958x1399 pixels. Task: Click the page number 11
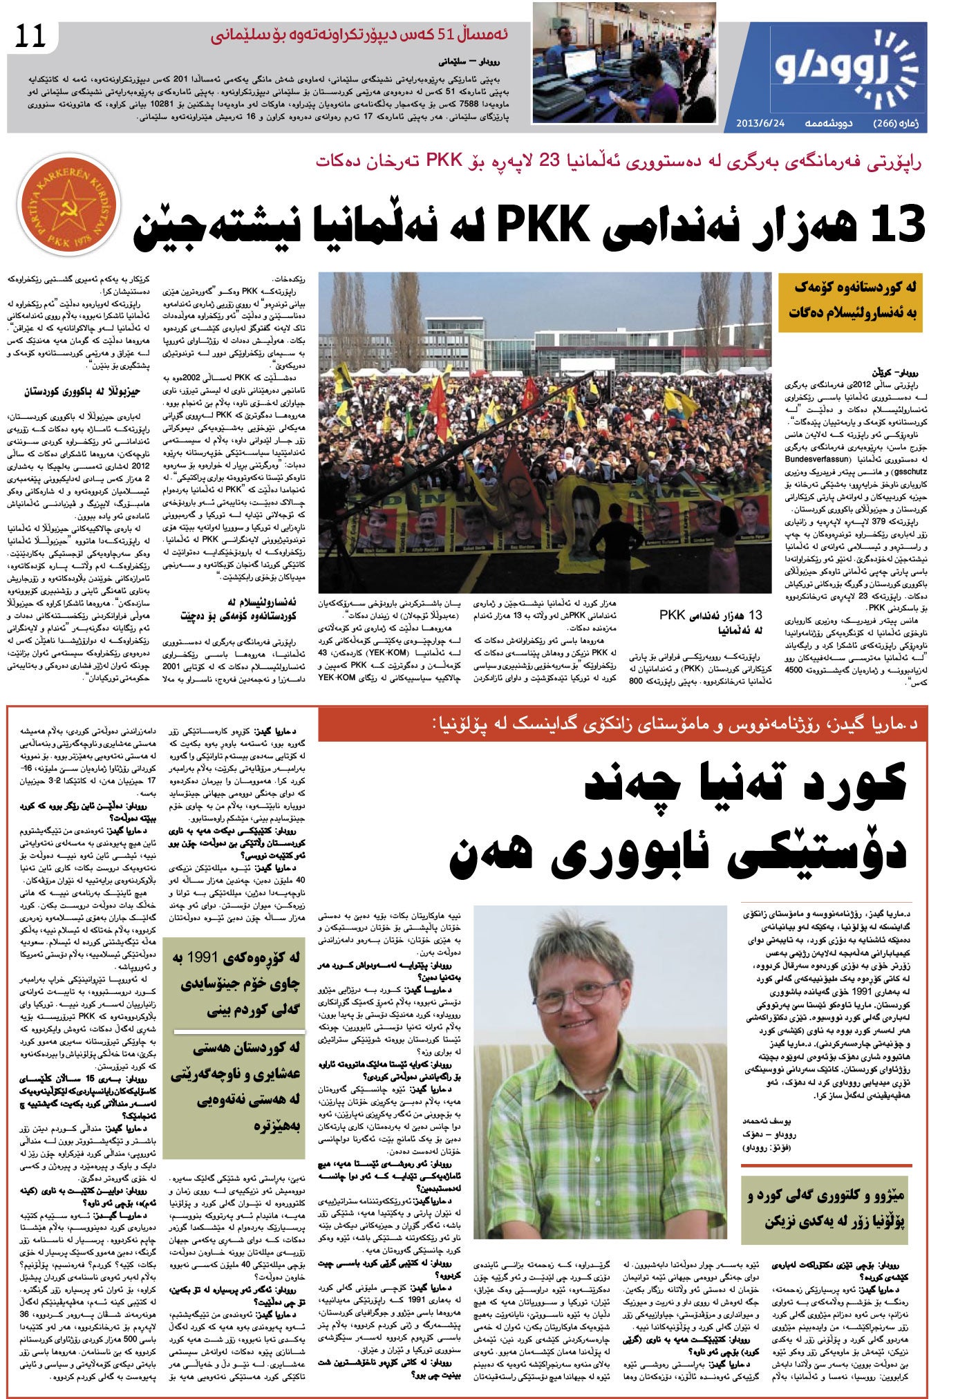point(29,36)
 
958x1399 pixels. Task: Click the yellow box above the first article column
point(849,303)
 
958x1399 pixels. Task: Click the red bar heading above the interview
point(622,724)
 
